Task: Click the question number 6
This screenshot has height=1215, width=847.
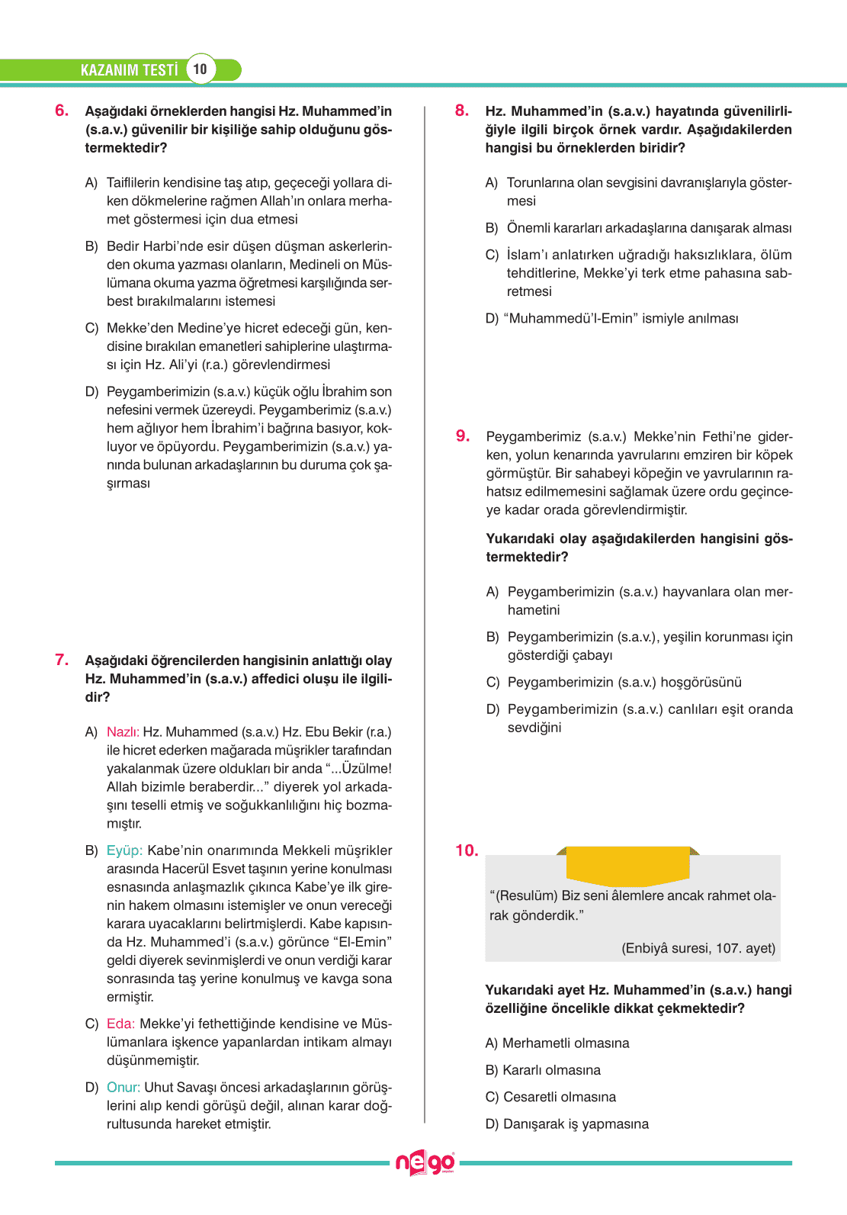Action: coord(62,111)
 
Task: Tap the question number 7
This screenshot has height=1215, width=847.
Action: coord(62,660)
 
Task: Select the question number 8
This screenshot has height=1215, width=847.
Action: coord(462,111)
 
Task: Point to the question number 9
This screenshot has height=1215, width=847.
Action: coord(463,436)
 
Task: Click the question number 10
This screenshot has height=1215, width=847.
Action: coord(467,850)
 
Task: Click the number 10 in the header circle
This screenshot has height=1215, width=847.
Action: coord(200,69)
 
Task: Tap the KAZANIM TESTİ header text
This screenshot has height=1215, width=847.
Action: coord(129,70)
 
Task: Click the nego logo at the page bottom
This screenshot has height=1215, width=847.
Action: coord(425,1163)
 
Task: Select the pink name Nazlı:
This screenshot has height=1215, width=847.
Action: coord(123,732)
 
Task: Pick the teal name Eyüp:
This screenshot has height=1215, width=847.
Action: coord(124,850)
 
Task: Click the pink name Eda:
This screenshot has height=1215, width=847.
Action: coord(120,1024)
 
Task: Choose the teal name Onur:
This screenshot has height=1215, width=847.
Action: coord(124,1087)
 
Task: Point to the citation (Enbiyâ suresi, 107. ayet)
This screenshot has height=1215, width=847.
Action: coord(698,948)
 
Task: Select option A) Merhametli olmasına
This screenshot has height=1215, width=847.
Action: coord(557,1043)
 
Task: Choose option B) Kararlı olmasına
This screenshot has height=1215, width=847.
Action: coord(543,1070)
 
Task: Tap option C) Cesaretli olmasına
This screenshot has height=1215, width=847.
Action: coord(550,1097)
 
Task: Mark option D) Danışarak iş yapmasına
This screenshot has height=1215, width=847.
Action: coord(567,1123)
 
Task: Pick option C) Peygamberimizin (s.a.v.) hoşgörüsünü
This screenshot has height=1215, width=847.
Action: coord(614,682)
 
